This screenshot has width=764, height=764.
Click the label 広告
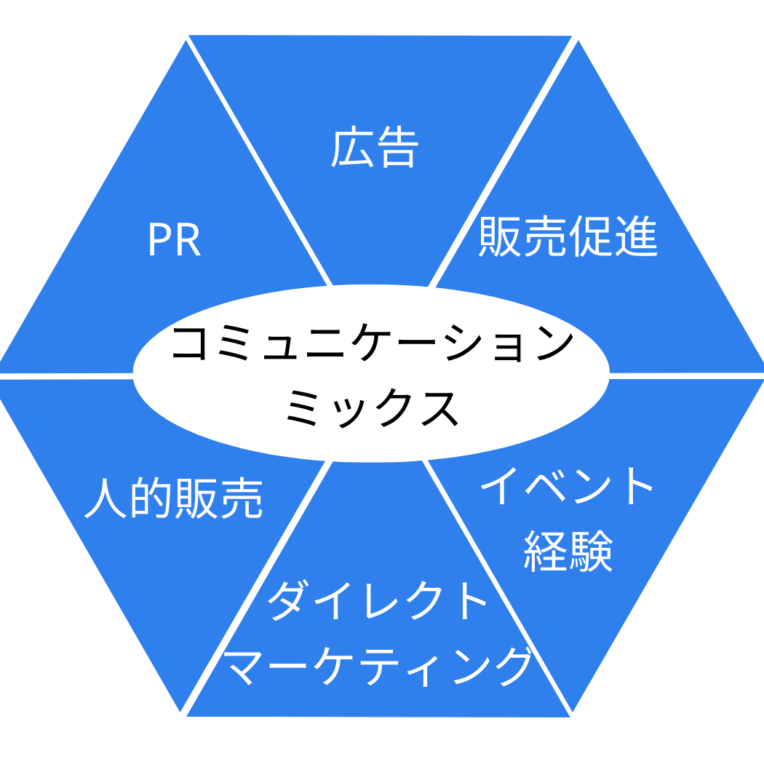(375, 150)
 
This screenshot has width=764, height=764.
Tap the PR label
(173, 241)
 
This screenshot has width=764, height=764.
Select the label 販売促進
(568, 236)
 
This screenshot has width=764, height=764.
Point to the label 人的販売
(173, 498)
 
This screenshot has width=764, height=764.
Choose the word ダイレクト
(378, 601)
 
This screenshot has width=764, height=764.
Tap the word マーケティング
(378, 665)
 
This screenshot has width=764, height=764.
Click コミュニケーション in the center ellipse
(371, 343)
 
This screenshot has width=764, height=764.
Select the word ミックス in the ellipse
(371, 407)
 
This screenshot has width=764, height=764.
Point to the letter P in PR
(159, 241)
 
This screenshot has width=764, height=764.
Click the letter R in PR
(188, 241)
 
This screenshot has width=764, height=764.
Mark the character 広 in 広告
(352, 150)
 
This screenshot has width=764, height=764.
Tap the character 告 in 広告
(397, 150)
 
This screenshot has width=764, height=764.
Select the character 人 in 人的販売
(106, 498)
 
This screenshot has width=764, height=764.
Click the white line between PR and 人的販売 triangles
(65, 376)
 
